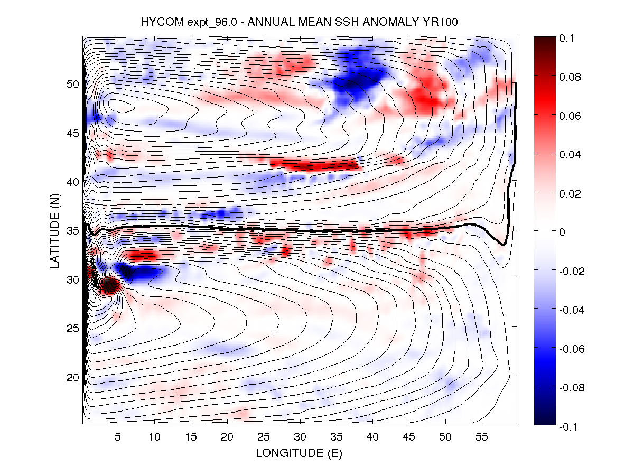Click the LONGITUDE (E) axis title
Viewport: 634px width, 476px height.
[x=299, y=453]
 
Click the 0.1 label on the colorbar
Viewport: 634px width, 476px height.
[x=567, y=39]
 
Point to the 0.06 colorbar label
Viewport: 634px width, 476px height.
[x=570, y=116]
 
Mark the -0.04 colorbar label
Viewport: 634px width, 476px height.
[x=571, y=310]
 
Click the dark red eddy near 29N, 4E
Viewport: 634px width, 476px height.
[x=110, y=286]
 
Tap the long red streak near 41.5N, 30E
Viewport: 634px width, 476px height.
[x=314, y=165]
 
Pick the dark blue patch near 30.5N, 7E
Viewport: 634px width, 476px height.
[x=132, y=273]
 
